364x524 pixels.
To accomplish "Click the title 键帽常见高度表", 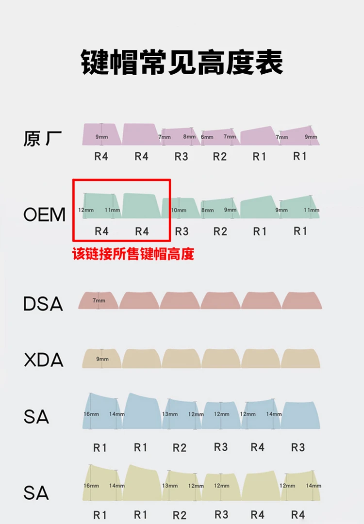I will (x=182, y=62).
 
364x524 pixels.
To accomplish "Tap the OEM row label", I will (x=44, y=214).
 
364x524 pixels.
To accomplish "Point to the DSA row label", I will (x=43, y=304).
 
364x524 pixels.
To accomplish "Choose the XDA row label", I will (x=43, y=360).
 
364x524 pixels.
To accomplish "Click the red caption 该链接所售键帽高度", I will (x=133, y=254).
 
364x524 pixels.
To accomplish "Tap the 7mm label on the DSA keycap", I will (x=99, y=301).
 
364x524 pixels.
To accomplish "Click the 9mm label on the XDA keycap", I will (x=102, y=359).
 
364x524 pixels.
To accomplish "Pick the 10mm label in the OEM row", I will (x=179, y=210).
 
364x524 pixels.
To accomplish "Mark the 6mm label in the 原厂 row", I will (x=207, y=137).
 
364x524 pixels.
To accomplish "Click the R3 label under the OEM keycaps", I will (x=182, y=231).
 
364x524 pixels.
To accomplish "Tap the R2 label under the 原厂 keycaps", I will (x=220, y=157).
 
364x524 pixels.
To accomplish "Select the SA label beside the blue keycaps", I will (x=36, y=416).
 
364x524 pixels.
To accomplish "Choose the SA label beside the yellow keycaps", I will (x=36, y=493).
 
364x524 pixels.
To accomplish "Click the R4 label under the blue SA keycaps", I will (x=257, y=447).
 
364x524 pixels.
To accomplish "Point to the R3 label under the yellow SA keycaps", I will (x=221, y=514).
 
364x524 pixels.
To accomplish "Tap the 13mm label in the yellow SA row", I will (x=169, y=486).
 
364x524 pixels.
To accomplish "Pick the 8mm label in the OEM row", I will (x=207, y=210).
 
